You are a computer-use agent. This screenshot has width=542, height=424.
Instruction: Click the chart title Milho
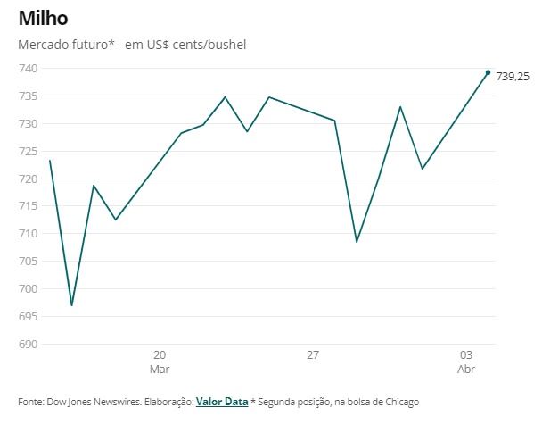tap(43, 19)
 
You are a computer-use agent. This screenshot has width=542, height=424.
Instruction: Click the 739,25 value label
tap(513, 77)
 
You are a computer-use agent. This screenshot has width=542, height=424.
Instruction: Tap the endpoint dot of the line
tap(488, 72)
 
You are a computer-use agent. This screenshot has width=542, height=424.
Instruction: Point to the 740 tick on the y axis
tap(28, 69)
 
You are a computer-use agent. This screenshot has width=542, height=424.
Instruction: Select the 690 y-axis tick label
tap(28, 344)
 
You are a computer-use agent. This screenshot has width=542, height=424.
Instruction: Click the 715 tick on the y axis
tap(28, 206)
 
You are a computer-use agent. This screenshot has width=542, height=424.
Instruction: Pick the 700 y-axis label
tap(28, 288)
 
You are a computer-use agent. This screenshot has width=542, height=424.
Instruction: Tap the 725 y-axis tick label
tap(28, 151)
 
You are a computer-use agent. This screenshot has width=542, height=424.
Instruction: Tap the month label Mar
tap(160, 369)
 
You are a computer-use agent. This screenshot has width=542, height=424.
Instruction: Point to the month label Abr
tap(465, 369)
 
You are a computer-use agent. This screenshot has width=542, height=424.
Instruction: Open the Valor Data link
tap(222, 402)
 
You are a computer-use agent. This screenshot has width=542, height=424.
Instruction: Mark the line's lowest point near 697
tap(71, 305)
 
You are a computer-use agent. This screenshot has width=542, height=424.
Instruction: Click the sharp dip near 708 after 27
tap(357, 242)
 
